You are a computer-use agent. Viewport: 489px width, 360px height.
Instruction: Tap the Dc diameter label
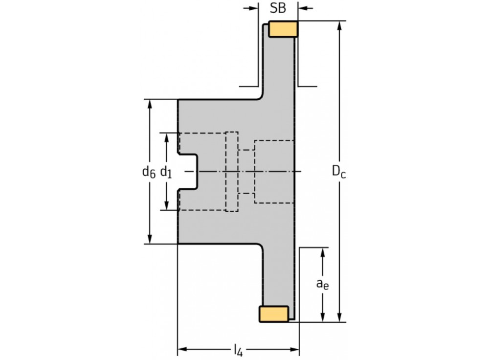click(339, 171)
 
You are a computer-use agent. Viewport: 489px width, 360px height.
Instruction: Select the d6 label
click(149, 171)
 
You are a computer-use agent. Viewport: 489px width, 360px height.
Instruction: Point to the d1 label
click(167, 171)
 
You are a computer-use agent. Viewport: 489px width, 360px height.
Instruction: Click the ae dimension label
click(322, 284)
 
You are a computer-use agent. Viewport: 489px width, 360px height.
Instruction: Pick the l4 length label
click(238, 349)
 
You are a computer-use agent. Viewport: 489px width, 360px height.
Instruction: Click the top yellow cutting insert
click(283, 29)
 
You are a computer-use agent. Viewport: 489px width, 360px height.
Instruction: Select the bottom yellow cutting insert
click(273, 314)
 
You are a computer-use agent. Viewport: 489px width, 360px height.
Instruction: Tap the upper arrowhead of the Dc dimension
click(339, 25)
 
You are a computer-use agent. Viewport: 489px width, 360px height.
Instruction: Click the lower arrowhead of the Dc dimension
click(339, 318)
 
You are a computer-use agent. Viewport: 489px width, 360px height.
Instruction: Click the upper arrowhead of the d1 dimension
click(167, 137)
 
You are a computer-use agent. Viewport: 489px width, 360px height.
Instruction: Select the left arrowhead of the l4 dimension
click(182, 349)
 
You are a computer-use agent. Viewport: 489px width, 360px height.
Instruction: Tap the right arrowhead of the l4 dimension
click(294, 349)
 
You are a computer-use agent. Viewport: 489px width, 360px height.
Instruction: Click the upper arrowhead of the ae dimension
click(322, 252)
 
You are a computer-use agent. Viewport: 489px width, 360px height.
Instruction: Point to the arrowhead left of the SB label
click(253, 8)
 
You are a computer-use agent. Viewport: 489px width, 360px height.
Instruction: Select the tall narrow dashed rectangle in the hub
click(231, 171)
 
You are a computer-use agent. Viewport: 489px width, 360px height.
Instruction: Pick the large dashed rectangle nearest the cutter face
click(275, 171)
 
